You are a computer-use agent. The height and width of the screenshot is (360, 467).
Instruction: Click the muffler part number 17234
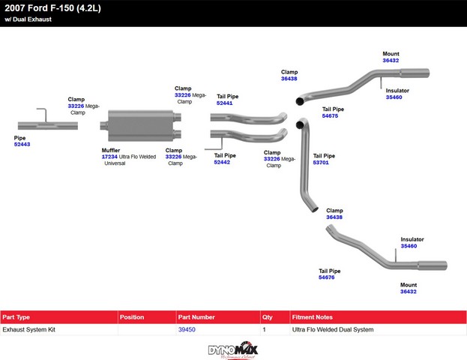click(x=110, y=156)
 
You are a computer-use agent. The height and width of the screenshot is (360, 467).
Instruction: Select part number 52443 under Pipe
click(x=22, y=144)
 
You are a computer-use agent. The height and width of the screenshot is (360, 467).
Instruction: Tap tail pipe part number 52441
click(x=224, y=103)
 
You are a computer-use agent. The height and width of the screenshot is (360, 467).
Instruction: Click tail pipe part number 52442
click(x=222, y=162)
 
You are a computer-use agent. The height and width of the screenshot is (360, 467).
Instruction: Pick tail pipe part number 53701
click(x=321, y=162)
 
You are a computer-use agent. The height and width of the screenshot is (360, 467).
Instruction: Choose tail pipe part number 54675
click(x=330, y=116)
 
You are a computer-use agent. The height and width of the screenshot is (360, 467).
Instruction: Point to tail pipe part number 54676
click(x=326, y=277)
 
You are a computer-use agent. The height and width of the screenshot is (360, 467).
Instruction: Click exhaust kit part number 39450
click(x=187, y=329)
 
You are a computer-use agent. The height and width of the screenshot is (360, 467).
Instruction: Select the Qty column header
click(x=268, y=317)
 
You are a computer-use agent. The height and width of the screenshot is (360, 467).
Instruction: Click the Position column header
click(x=132, y=317)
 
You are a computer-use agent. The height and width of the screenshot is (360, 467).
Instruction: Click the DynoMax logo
click(x=233, y=349)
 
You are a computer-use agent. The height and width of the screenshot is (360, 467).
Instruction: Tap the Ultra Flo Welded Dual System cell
click(x=332, y=329)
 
